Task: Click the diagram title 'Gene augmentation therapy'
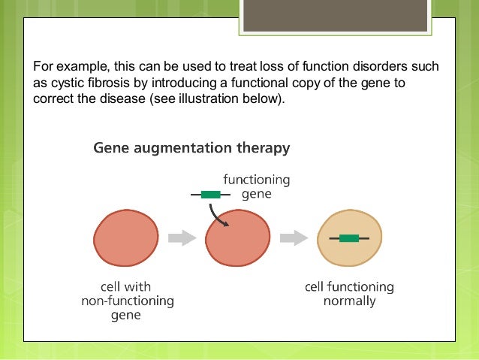[x=191, y=149]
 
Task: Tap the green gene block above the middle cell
[x=210, y=194]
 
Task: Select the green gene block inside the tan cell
[x=348, y=238]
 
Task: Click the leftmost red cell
[x=126, y=237]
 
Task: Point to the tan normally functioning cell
[x=348, y=238]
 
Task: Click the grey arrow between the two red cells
[x=181, y=238]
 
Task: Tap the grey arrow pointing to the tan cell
[x=293, y=238]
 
